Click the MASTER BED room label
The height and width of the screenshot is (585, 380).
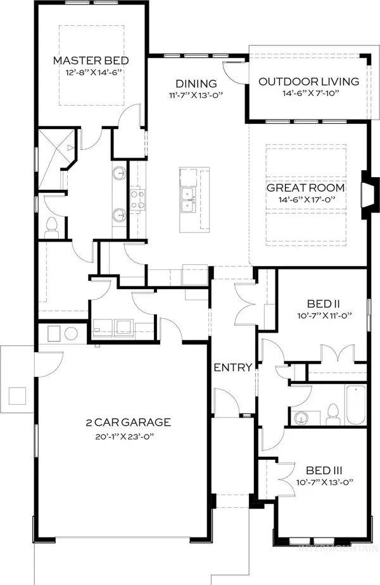pos(91,61)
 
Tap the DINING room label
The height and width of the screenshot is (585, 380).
pos(196,83)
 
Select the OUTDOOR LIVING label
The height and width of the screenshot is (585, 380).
pos(309,82)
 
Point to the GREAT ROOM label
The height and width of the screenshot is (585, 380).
pos(305,188)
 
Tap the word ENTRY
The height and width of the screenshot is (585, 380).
pos(233,367)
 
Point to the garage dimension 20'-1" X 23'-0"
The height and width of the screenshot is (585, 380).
pos(129,435)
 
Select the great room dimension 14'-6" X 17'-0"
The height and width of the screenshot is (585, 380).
pos(305,200)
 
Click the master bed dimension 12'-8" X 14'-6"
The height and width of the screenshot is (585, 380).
pos(91,73)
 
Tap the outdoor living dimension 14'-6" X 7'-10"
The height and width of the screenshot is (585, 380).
pos(309,94)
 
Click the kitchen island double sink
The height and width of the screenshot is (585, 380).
pos(187,200)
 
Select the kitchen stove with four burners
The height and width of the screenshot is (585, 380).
pos(137,200)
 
